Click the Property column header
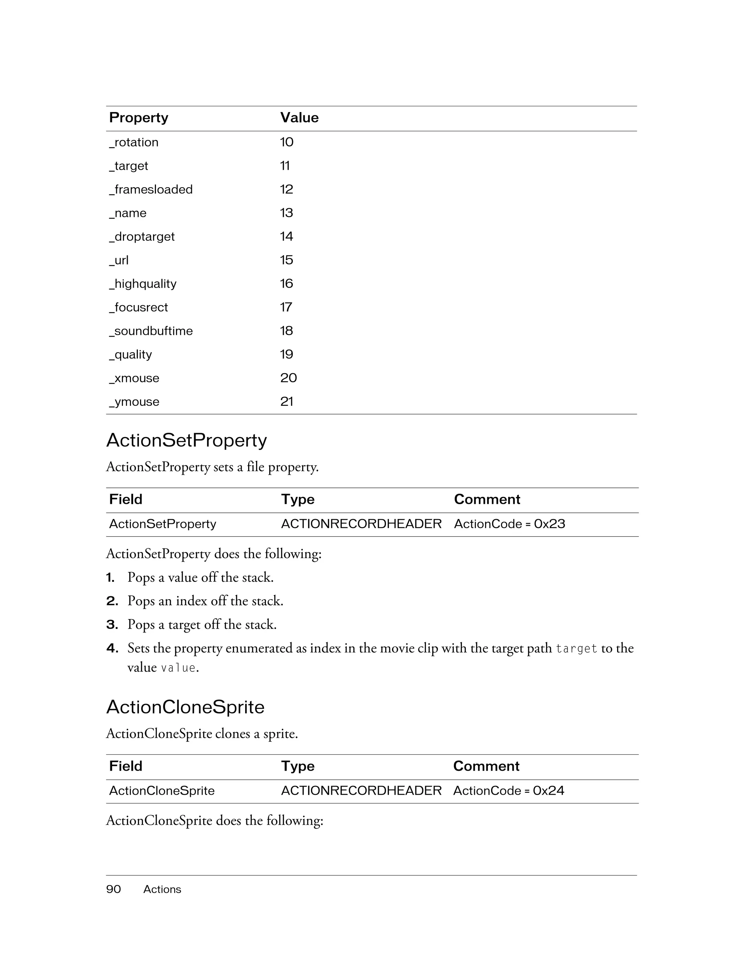pyautogui.click(x=139, y=118)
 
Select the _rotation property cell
pyautogui.click(x=134, y=142)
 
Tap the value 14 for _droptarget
pyautogui.click(x=287, y=236)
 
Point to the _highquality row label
pyautogui.click(x=143, y=284)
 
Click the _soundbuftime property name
pyautogui.click(x=151, y=331)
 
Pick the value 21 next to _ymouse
pyautogui.click(x=287, y=402)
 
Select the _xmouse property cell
pyautogui.click(x=134, y=378)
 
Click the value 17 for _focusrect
pyautogui.click(x=286, y=308)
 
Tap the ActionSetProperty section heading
pyautogui.click(x=186, y=440)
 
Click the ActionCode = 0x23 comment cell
pyautogui.click(x=509, y=524)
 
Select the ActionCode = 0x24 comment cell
pyautogui.click(x=509, y=791)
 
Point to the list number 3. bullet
pyautogui.click(x=112, y=625)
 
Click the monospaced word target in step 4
pyautogui.click(x=576, y=649)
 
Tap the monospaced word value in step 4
pyautogui.click(x=178, y=668)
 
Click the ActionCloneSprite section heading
pyautogui.click(x=185, y=707)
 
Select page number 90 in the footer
pyautogui.click(x=113, y=889)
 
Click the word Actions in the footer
pyautogui.click(x=162, y=889)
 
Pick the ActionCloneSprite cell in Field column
pyautogui.click(x=162, y=791)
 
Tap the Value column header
pyautogui.click(x=299, y=118)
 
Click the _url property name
pyautogui.click(x=119, y=260)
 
